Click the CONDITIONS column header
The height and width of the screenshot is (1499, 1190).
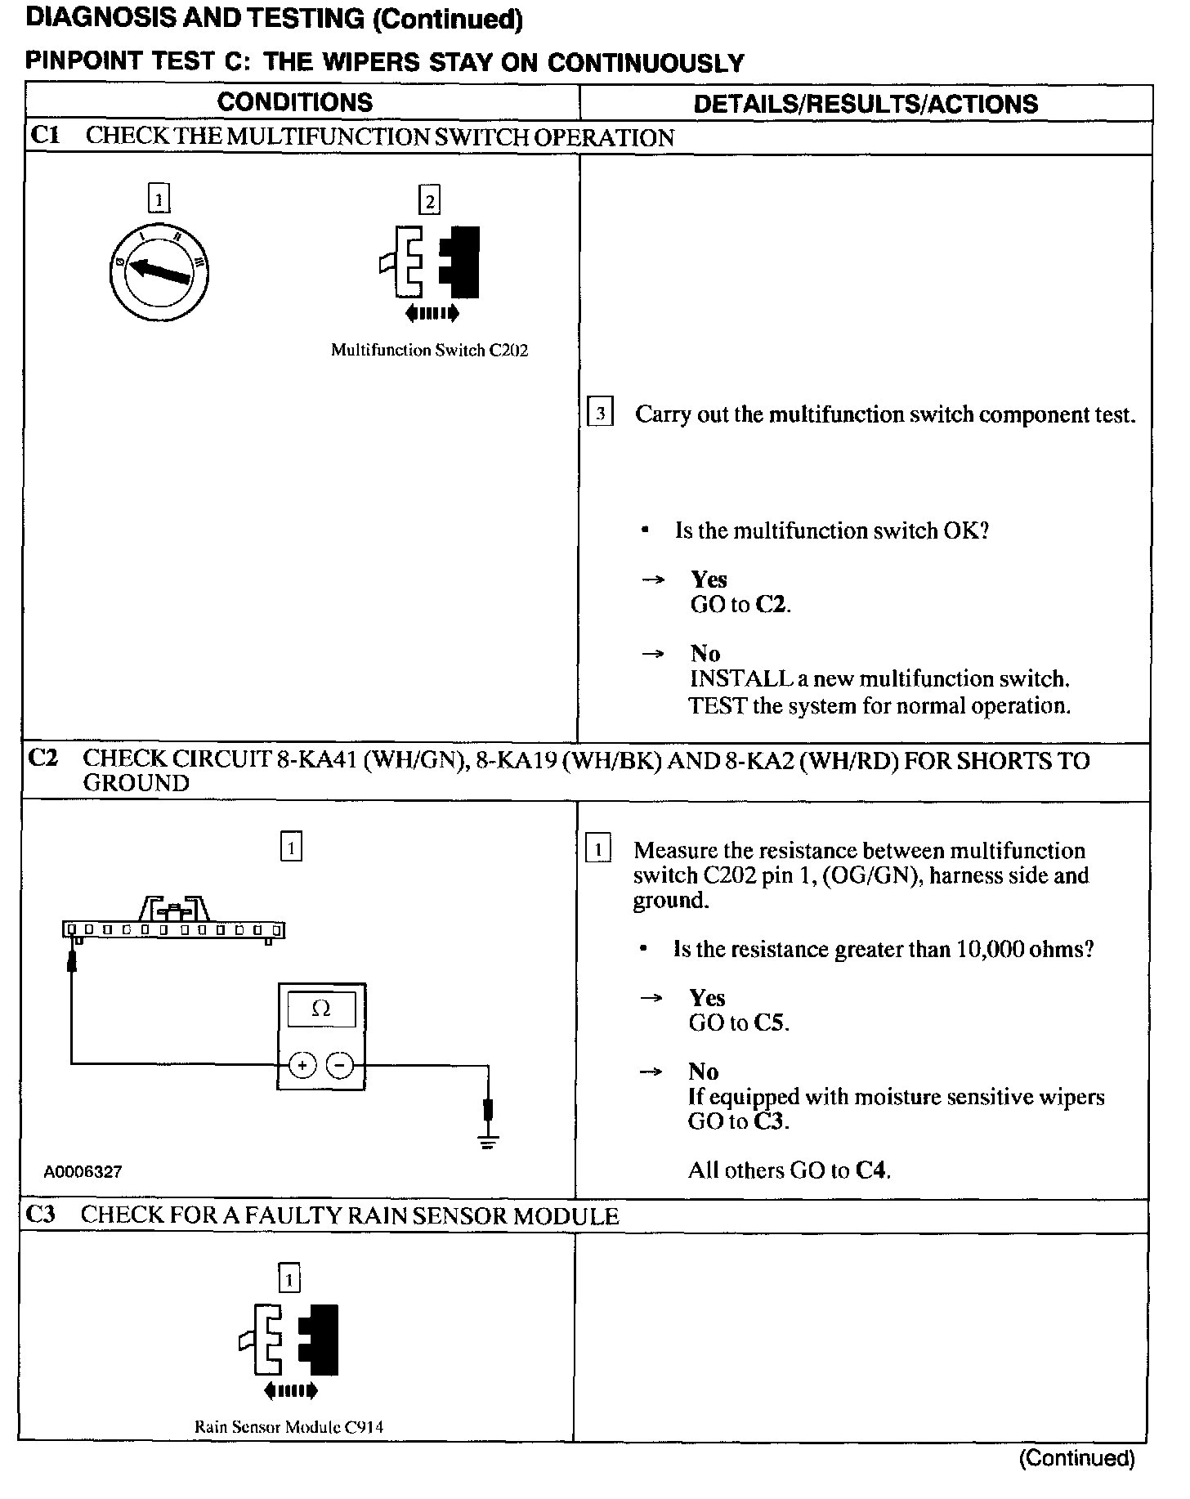(295, 102)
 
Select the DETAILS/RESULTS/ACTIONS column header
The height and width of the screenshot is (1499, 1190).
(866, 104)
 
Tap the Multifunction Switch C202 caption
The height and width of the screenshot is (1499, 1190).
(429, 351)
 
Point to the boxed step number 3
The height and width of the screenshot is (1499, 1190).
(601, 414)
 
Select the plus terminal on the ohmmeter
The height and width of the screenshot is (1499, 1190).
(302, 1065)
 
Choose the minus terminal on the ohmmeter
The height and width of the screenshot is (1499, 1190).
(340, 1065)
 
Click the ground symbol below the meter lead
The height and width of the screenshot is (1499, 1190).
(488, 1142)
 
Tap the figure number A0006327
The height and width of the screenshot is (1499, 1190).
(83, 1171)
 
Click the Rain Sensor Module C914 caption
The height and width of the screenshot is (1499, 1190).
(289, 1427)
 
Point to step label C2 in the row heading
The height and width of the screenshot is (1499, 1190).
(42, 758)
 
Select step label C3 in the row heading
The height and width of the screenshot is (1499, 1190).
(41, 1215)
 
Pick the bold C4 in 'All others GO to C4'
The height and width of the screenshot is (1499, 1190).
(871, 1170)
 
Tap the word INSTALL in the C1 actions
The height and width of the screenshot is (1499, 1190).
(730, 679)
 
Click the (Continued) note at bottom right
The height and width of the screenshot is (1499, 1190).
(1076, 1458)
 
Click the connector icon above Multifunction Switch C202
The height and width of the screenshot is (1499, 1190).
(430, 262)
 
